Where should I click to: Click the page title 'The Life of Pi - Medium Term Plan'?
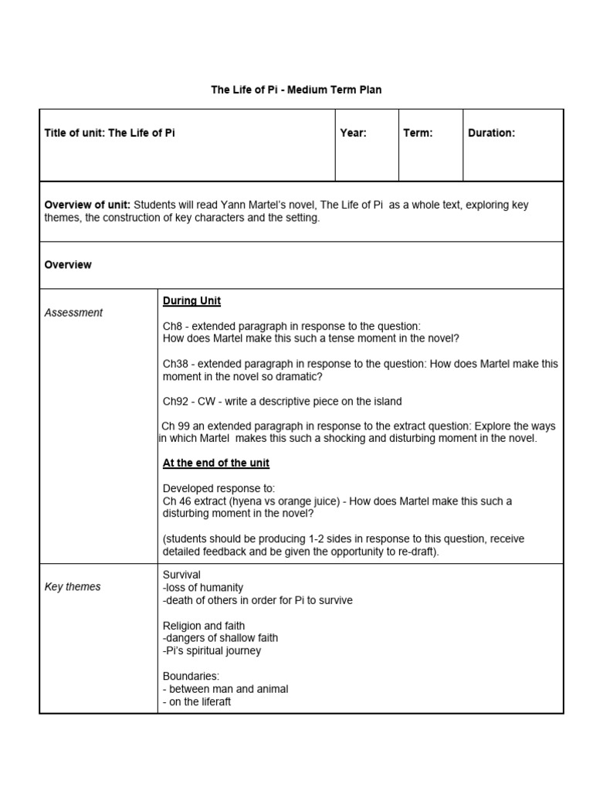coord(296,90)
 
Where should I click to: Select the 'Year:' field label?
coord(353,133)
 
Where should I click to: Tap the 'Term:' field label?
coord(418,133)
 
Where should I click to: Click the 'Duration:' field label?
coord(491,133)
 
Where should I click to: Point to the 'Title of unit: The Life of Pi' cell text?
coord(110,133)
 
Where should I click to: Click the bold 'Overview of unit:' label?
coord(88,205)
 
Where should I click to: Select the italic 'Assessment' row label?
coord(73,313)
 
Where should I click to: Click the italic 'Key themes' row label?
coord(73,587)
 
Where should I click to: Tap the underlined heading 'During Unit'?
coord(191,300)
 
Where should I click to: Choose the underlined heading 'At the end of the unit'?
coord(216,463)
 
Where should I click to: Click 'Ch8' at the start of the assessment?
coord(171,326)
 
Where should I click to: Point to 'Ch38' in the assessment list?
coord(175,364)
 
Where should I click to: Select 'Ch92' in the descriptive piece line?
coord(175,402)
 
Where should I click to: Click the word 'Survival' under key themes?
coord(181,575)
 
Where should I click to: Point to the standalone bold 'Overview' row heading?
coord(68,265)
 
